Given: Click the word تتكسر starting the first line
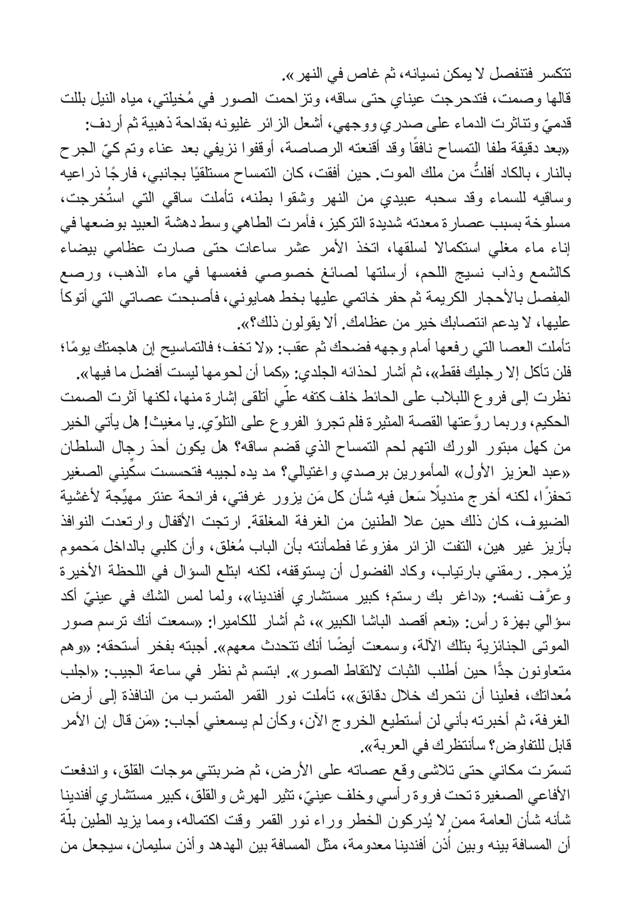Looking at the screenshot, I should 555,77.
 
